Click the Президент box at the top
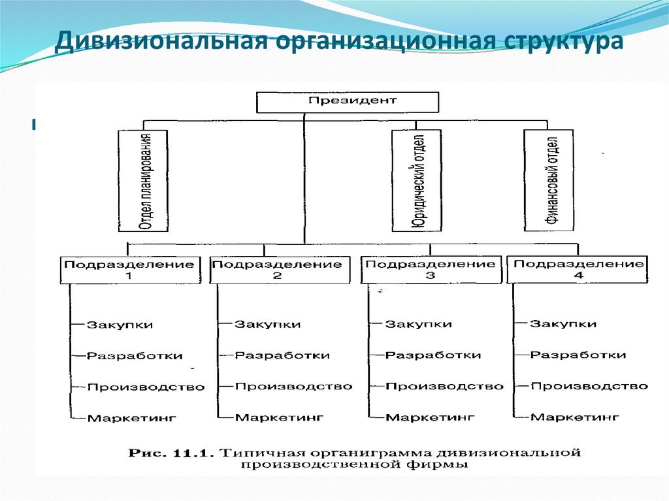347,102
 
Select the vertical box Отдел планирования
143,180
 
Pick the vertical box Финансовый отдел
549,180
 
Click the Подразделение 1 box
129,270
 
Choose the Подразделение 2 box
278,270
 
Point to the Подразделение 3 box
430,270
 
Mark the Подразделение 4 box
578,270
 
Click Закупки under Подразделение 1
120,325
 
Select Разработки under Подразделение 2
282,355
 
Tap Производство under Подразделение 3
444,386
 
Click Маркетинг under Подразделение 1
132,417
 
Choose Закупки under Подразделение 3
418,324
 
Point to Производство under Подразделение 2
293,386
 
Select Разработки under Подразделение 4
578,355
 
